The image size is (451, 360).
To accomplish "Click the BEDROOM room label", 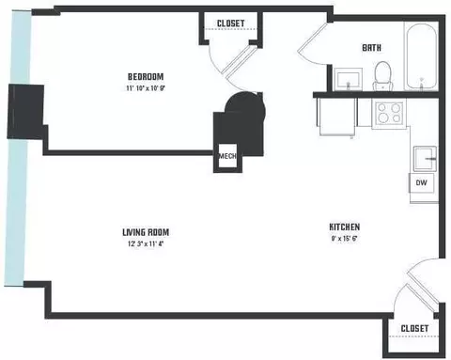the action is pos(146,77).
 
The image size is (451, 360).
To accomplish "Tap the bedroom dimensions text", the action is pos(146,88).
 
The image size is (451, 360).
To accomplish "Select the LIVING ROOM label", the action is pos(146,232).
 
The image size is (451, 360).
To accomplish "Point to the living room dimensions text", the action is pos(146,243).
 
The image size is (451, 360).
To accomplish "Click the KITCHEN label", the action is pos(345,227).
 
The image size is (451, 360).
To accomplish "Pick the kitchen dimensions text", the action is pos(345,239).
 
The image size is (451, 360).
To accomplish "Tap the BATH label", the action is pos(372,48).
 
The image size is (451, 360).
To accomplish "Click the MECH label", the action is pos(227,156).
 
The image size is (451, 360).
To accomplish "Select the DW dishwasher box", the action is pos(422,182).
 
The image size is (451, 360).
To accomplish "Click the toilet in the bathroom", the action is pos(382,75).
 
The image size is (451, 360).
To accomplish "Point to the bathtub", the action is pos(421,56).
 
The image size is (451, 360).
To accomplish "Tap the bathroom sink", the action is pos(349,79).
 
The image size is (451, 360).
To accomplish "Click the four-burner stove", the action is pos(389,113).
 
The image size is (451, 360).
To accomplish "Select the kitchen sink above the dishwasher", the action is pos(425,159).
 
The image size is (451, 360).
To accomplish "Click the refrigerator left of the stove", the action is pos(336,117).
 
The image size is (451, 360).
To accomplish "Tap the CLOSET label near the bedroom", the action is pos(231,23).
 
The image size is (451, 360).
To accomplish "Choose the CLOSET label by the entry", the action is pos(414,328).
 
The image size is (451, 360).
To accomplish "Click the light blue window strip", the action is pos(17,148).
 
